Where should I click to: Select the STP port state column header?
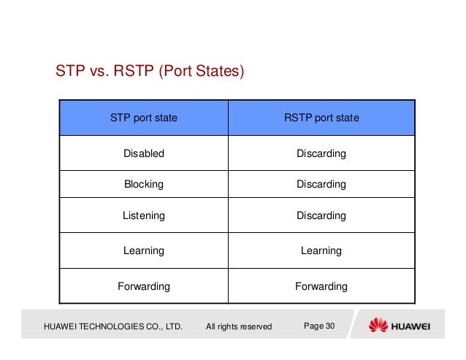tap(143, 118)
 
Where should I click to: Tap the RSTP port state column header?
tap(321, 118)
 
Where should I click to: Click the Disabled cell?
tap(143, 153)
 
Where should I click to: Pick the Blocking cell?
tap(143, 185)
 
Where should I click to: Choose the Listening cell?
tap(143, 216)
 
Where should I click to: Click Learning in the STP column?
tap(143, 250)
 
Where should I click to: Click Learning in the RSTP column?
tap(321, 250)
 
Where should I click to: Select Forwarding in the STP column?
tap(143, 286)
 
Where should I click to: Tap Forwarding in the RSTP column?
tap(321, 286)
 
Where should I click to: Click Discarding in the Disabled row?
tap(321, 153)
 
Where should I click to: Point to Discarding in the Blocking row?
tap(321, 185)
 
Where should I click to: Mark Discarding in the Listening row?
tap(321, 216)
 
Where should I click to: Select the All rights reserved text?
tap(239, 326)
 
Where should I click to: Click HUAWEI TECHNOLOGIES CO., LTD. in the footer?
tap(113, 326)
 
